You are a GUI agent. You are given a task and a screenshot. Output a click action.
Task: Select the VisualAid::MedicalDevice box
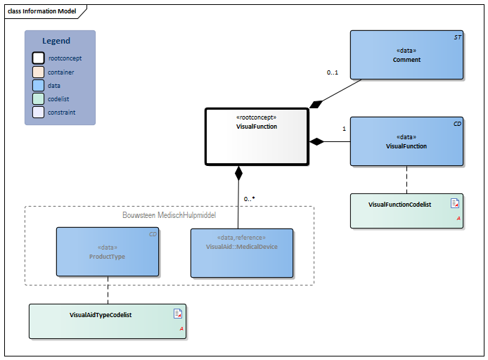pyautogui.click(x=241, y=252)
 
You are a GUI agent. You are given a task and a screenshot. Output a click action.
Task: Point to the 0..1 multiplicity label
pyautogui.click(x=333, y=72)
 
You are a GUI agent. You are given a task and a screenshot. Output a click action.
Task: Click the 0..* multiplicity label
pyautogui.click(x=249, y=199)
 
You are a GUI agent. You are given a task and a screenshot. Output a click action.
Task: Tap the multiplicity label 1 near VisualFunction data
pyautogui.click(x=344, y=129)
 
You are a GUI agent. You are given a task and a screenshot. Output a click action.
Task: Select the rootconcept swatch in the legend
pyautogui.click(x=39, y=58)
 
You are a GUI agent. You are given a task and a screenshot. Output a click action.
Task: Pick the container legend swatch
pyautogui.click(x=39, y=72)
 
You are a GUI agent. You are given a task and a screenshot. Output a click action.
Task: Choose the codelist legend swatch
pyautogui.click(x=39, y=99)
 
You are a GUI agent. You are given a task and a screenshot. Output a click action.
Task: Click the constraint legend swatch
pyautogui.click(x=39, y=112)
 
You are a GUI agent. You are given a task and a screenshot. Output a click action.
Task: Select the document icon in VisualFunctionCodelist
pyautogui.click(x=454, y=204)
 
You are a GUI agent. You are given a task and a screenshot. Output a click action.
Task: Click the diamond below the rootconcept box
pyautogui.click(x=238, y=172)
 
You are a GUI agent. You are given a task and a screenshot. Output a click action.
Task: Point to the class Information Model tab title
pyautogui.click(x=40, y=11)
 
